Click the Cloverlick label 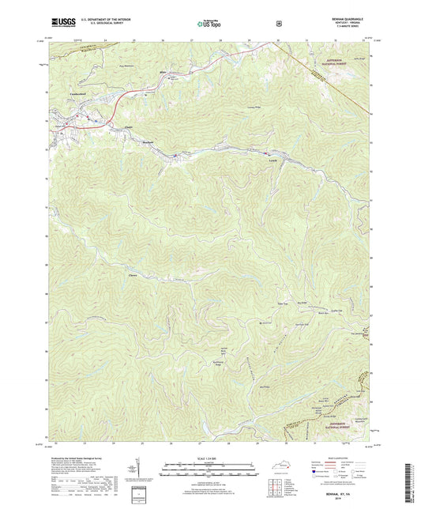point(133,274)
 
